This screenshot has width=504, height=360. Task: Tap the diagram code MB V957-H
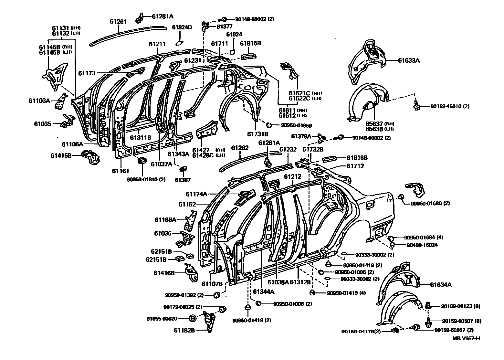[466, 338]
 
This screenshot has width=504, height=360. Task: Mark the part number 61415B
[61, 155]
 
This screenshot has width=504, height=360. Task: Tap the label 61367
[183, 180]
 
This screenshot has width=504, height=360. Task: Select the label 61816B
[357, 158]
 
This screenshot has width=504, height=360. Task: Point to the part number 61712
[355, 166]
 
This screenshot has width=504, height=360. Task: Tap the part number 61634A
[440, 285]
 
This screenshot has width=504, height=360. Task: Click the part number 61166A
[165, 220]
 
